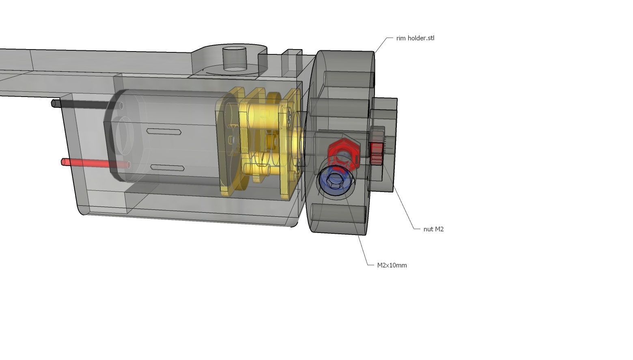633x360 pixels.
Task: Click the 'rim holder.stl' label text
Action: tap(415, 38)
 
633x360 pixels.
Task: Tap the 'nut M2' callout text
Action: tap(433, 229)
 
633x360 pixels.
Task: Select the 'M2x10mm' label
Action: tap(392, 265)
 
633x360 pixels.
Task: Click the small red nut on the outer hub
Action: tap(377, 153)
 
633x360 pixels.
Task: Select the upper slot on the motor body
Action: tap(164, 131)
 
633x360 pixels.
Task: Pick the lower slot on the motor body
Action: tap(167, 168)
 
